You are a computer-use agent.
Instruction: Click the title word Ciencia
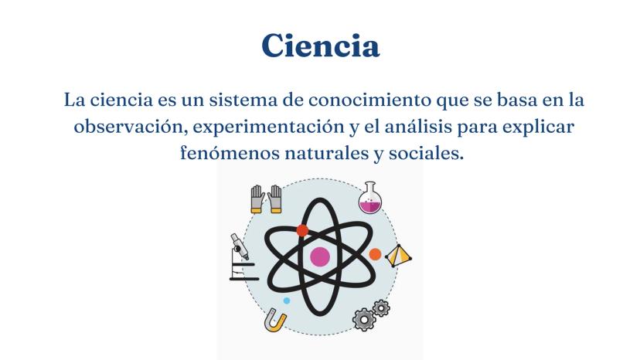coord(321,46)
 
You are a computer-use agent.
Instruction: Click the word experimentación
coord(268,127)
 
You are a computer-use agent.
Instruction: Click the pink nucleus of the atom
coord(320,256)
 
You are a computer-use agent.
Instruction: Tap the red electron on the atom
coord(302,231)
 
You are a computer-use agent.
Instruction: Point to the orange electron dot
coord(375,254)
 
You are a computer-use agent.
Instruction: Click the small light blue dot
coord(287,301)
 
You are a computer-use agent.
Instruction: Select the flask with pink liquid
coord(370,198)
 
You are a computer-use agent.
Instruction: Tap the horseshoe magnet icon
coord(275,321)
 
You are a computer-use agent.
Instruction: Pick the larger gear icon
coord(364,319)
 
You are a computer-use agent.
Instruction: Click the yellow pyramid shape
coord(398,256)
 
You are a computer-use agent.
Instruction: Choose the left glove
coord(258,199)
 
